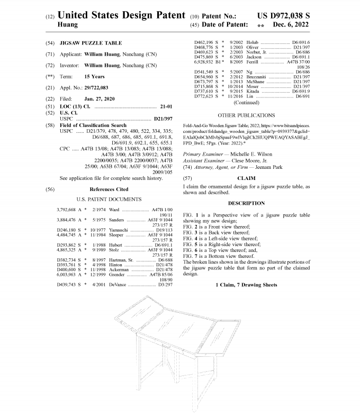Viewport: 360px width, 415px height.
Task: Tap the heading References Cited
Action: [109, 189]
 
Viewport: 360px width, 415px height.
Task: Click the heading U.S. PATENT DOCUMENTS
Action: [109, 199]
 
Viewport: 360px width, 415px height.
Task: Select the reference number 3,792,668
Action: [68, 210]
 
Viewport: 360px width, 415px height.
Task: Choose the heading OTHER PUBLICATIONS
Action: [246, 115]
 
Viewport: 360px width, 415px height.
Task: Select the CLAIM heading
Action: [246, 178]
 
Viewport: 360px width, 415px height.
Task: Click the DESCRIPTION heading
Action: [246, 203]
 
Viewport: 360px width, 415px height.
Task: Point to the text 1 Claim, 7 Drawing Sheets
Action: [246, 285]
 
